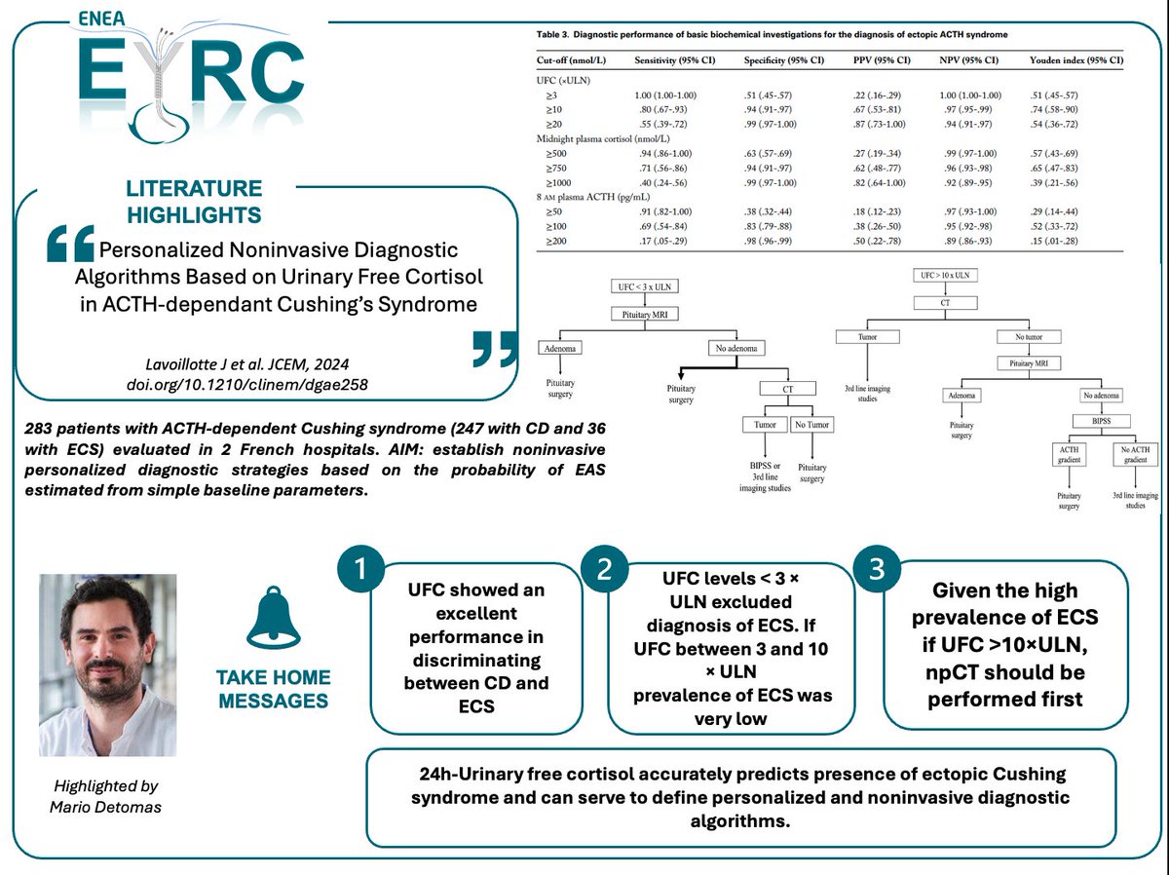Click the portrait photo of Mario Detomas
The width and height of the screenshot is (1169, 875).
pyautogui.click(x=108, y=665)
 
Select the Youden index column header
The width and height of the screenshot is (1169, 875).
pyautogui.click(x=1075, y=59)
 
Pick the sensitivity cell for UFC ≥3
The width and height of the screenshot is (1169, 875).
pyautogui.click(x=668, y=94)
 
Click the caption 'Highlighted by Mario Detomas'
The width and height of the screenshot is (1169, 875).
pyautogui.click(x=108, y=794)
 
